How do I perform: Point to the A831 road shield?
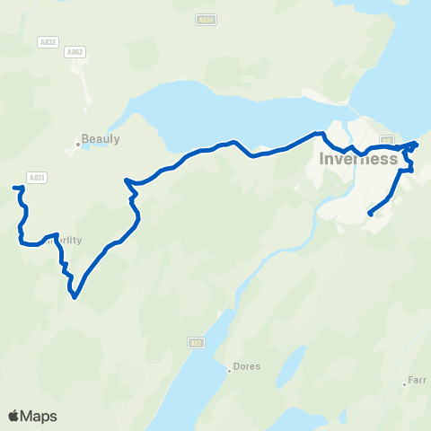tap(37, 178)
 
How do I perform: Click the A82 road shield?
tap(197, 343)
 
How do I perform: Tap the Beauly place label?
tap(101, 139)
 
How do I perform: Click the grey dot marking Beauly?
tap(78, 143)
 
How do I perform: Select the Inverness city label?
tap(358, 159)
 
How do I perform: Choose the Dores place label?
tap(247, 366)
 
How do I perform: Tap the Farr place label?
tap(418, 380)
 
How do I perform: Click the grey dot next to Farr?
tap(404, 384)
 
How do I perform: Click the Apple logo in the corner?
tap(13, 416)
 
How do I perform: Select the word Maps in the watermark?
tap(39, 416)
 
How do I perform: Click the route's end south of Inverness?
tap(370, 215)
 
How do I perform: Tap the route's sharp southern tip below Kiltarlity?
tap(75, 295)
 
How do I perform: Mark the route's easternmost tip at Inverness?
tap(417, 143)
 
